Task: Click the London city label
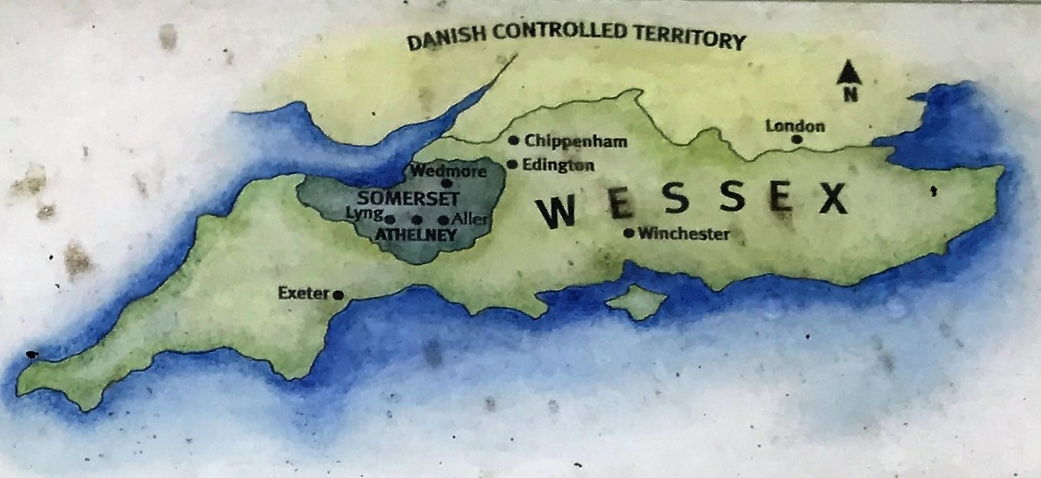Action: [x=795, y=126]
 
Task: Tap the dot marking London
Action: [x=796, y=140]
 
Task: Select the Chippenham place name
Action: [x=576, y=141]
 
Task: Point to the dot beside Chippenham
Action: [x=514, y=140]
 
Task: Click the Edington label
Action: [x=559, y=165]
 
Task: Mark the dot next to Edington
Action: [x=513, y=164]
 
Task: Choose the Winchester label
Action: [x=683, y=234]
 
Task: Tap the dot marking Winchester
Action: [x=629, y=234]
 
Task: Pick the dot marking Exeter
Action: [x=338, y=295]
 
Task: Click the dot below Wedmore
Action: [x=447, y=183]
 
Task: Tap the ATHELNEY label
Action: [x=416, y=235]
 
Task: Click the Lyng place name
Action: [x=364, y=215]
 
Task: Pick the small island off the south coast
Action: [x=637, y=302]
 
